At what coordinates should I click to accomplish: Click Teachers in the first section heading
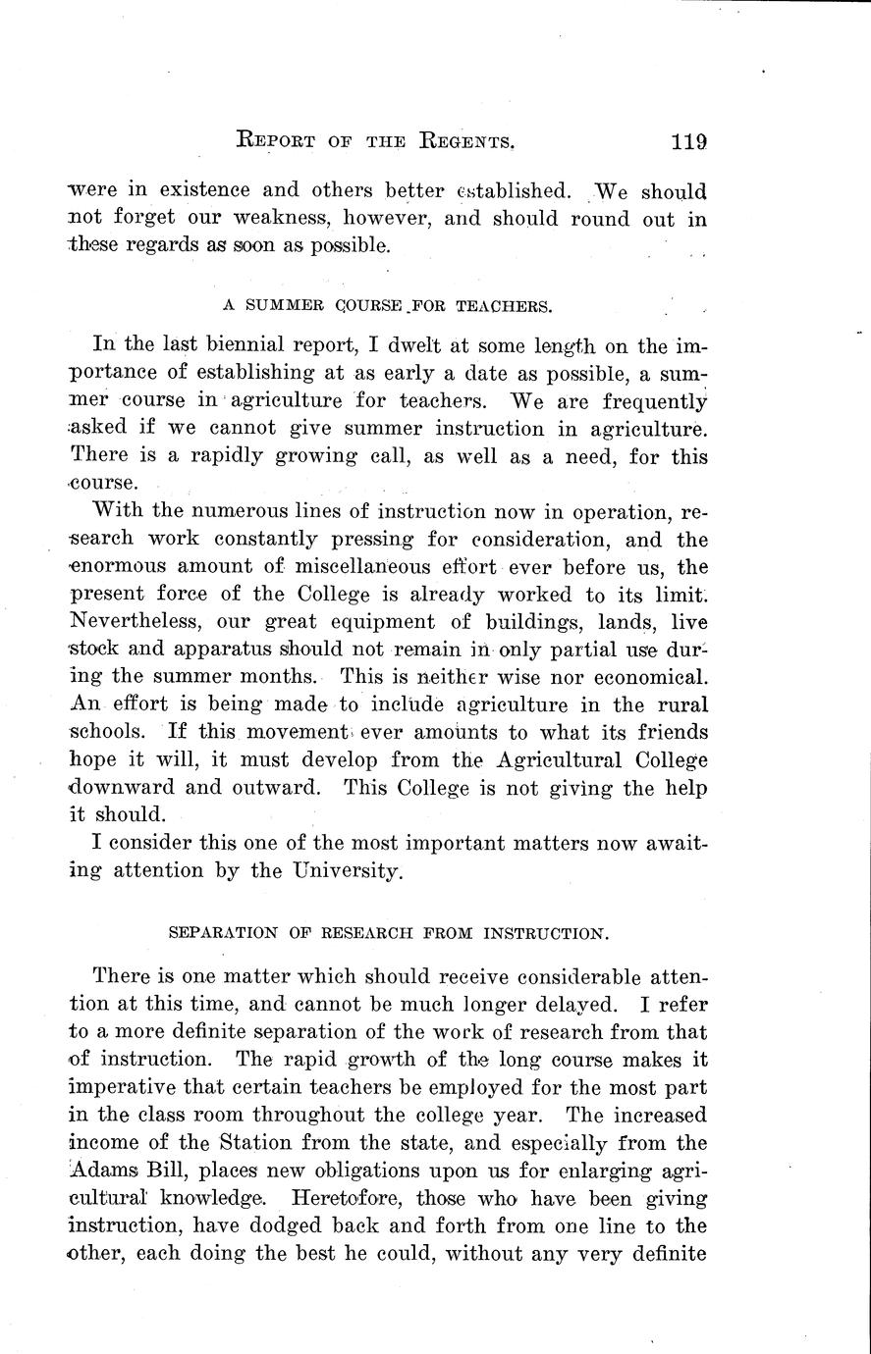coord(504,305)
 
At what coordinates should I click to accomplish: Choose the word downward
coord(130,788)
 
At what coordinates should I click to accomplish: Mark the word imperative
coord(129,1088)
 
